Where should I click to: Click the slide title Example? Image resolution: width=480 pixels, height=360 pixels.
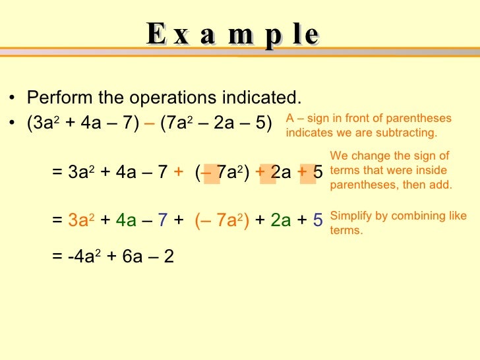point(233,34)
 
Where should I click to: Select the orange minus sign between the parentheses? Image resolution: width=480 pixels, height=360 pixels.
point(150,124)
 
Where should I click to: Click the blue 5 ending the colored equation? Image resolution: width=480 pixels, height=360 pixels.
point(318,220)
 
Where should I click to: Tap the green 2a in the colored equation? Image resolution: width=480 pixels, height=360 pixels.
point(280,220)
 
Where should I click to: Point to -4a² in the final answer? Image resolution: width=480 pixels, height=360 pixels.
point(83,256)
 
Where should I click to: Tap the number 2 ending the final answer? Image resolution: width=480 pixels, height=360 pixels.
point(169,256)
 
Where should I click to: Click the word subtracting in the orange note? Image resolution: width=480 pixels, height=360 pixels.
point(411,133)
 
